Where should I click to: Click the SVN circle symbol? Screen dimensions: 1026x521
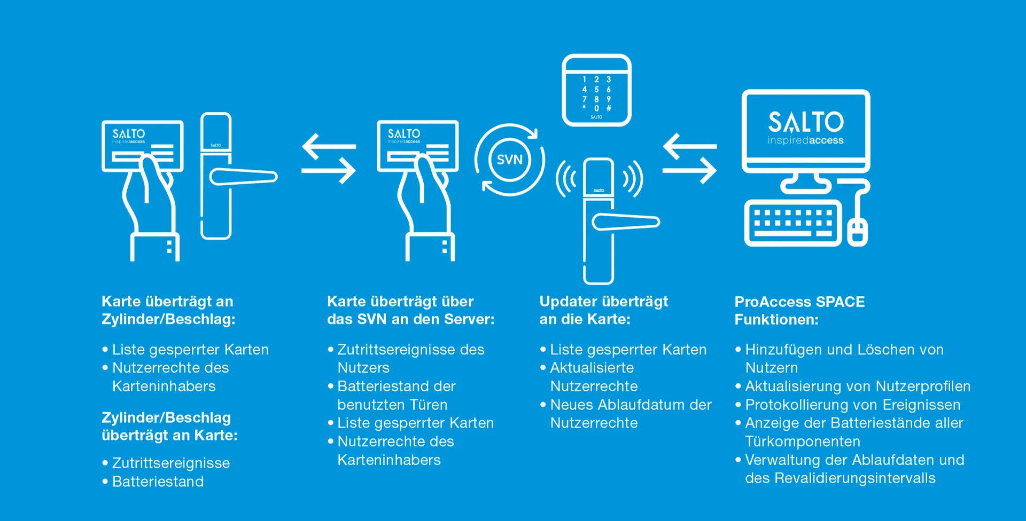[509, 160]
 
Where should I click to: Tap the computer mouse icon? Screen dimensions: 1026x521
[857, 232]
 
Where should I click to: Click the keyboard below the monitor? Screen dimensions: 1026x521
[793, 223]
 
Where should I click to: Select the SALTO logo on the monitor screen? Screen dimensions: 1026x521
[806, 128]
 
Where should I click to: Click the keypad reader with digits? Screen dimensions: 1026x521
[596, 90]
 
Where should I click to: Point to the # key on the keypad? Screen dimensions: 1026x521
[609, 108]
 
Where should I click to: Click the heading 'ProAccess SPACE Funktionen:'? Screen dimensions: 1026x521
[799, 311]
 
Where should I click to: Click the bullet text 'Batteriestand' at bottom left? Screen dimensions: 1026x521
[158, 481]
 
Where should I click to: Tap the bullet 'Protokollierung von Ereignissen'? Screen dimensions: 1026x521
[852, 405]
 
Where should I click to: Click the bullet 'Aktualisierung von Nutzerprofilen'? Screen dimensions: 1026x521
[858, 386]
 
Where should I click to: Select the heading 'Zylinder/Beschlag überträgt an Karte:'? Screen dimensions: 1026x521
[169, 426]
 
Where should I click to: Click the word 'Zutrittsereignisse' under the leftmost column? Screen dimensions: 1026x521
[171, 463]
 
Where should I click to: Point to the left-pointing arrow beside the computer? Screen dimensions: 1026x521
[689, 146]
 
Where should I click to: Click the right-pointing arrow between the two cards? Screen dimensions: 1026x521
[329, 171]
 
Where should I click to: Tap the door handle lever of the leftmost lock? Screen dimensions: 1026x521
[243, 177]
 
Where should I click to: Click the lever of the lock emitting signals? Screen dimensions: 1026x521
[626, 222]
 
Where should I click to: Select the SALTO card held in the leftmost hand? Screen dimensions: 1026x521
[143, 146]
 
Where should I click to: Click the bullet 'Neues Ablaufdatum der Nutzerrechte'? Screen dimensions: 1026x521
[631, 414]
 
